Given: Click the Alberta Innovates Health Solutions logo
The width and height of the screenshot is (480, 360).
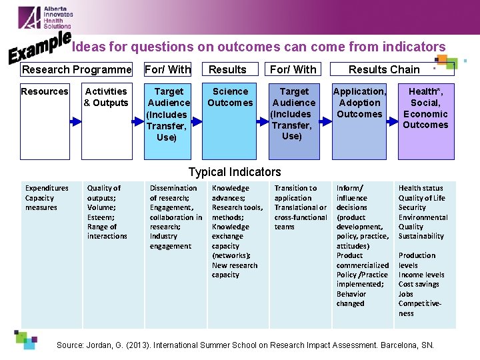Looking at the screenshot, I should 45,17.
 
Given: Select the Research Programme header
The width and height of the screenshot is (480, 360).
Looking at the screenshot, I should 77,69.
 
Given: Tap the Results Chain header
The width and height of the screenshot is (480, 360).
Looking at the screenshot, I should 384,69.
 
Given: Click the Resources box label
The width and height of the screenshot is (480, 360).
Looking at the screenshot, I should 45,91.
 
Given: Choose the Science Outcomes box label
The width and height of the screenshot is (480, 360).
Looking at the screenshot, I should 230,97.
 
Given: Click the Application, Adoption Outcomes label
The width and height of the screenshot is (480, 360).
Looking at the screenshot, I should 359,103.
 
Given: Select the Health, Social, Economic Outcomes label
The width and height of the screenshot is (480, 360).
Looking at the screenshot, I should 425,108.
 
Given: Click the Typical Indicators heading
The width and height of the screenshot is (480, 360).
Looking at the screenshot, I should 235,172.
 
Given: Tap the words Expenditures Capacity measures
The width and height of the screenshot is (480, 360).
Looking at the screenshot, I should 46,198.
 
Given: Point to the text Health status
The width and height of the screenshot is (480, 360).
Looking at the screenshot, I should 421,189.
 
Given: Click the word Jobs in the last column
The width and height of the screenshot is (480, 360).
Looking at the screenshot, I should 406,294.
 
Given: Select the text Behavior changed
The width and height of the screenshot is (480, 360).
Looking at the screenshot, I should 351,299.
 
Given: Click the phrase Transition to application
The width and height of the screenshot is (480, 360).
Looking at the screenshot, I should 295,193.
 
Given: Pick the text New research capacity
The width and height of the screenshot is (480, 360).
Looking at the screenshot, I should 235,270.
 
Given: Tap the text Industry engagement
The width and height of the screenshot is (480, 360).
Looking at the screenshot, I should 170,241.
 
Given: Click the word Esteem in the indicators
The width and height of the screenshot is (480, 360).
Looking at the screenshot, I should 99,217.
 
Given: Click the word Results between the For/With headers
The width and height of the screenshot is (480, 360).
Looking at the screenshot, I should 227,69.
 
